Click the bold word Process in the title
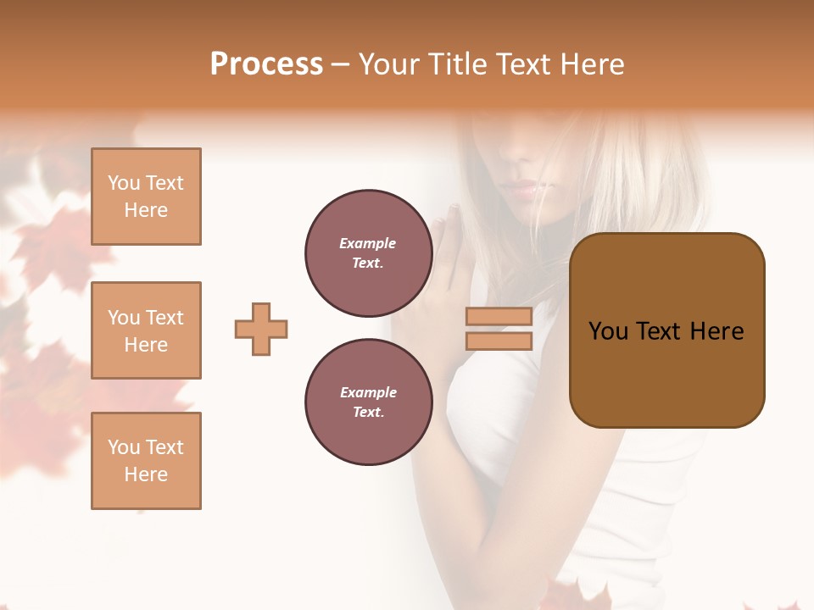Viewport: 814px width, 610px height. point(266,64)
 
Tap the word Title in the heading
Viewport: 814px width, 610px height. point(457,64)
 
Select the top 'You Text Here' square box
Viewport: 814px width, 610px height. point(146,197)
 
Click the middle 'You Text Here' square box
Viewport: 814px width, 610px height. point(146,330)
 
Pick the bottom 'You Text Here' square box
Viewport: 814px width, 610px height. point(146,460)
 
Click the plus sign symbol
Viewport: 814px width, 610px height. point(261,329)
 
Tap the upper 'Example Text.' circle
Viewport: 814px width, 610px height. point(368,253)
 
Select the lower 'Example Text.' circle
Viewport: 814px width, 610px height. point(368,402)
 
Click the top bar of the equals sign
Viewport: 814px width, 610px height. point(499,317)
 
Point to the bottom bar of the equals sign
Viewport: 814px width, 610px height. point(499,341)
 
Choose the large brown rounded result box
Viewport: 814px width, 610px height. point(666,330)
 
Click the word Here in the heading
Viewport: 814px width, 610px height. point(591,64)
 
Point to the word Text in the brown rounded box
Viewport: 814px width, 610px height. point(662,330)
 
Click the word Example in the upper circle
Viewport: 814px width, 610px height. point(368,243)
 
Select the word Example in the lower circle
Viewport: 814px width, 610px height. point(368,392)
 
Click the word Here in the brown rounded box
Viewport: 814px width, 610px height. point(716,330)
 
